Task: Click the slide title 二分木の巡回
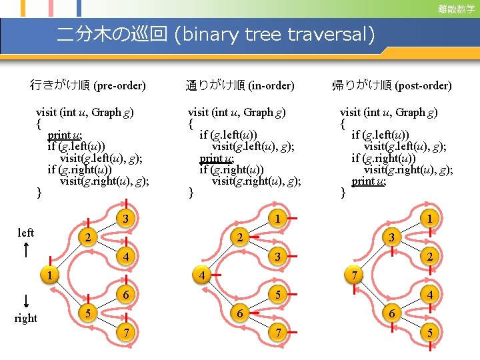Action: click(112, 34)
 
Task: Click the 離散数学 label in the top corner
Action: click(456, 9)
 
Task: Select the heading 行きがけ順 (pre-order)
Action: click(88, 85)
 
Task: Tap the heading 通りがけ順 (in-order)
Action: click(239, 85)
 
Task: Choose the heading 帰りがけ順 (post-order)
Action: click(391, 85)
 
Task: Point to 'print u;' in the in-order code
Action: click(216, 159)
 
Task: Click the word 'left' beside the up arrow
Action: click(25, 233)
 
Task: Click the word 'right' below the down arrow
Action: click(25, 318)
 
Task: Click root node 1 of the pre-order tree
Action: click(49, 275)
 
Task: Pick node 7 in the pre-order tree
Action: click(125, 332)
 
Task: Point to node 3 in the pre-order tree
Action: click(125, 217)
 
